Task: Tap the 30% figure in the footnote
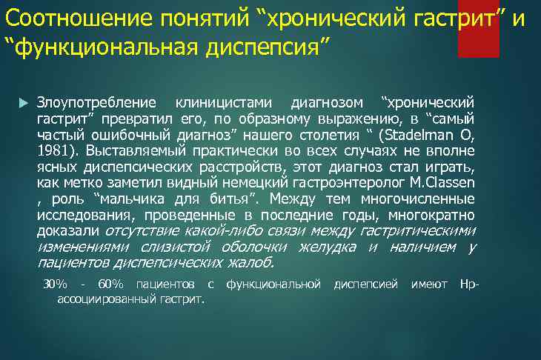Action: tap(55, 284)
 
